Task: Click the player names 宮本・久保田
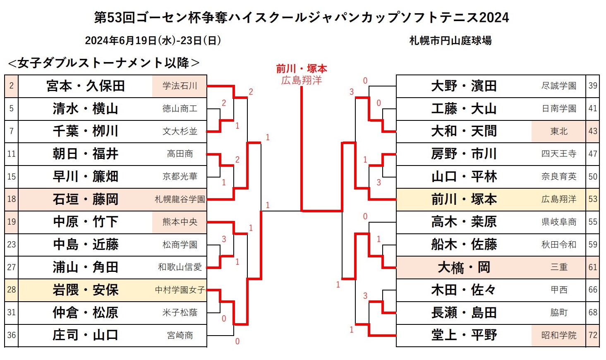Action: coord(86,86)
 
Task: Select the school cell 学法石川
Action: coord(180,86)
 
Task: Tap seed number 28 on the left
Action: coord(11,290)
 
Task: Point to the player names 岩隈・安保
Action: coord(86,290)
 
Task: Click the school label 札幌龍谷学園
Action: coord(180,199)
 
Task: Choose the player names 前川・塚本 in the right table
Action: coord(464,199)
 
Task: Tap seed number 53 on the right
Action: coord(592,199)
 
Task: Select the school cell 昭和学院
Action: coord(558,335)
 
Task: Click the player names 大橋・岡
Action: coord(464,267)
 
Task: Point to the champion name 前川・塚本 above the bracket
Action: coord(302,69)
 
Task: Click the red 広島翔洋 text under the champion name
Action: coord(302,80)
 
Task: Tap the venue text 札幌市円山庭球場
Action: coord(450,41)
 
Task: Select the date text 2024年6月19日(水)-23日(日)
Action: coord(153,41)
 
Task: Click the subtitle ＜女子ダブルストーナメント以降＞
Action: coord(104,63)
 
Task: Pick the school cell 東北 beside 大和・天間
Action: coord(558,131)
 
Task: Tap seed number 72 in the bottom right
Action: coord(592,335)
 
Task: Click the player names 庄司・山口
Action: coord(86,335)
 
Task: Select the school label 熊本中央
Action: coord(180,222)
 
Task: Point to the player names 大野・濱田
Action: coord(464,86)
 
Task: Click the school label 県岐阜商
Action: coord(558,222)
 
